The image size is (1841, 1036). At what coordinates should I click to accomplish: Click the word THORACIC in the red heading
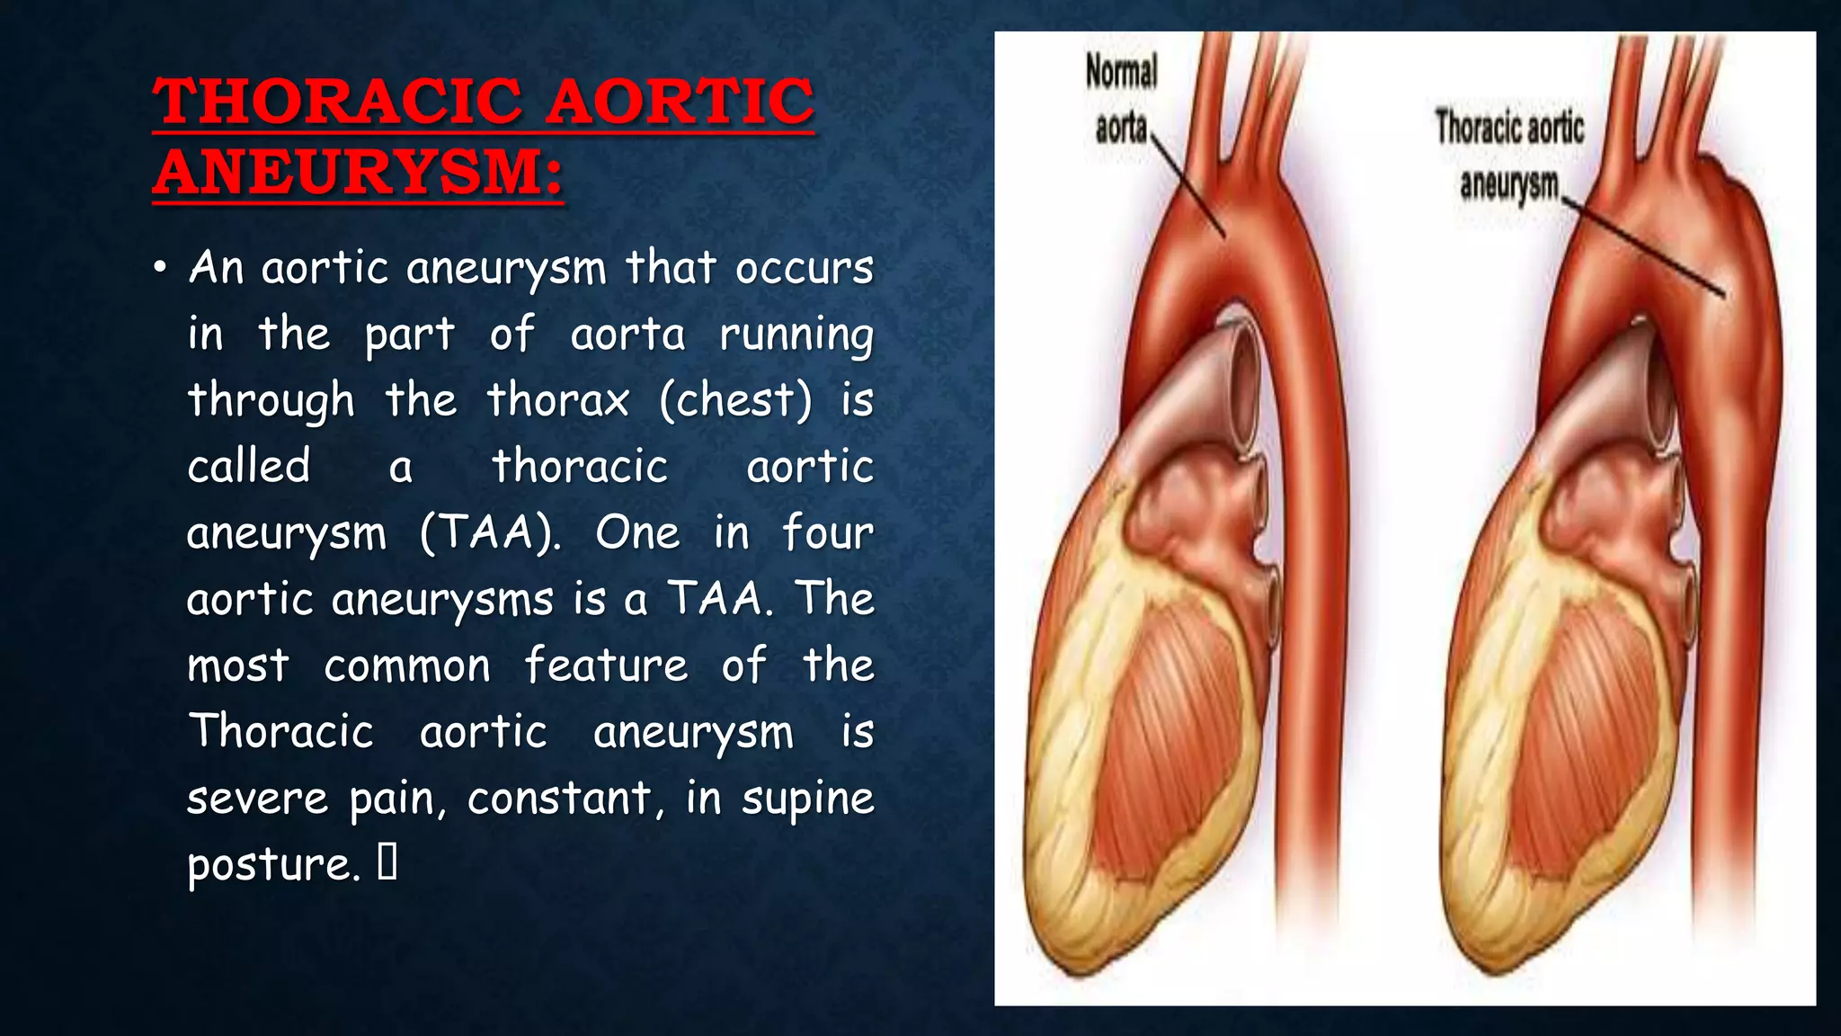[337, 101]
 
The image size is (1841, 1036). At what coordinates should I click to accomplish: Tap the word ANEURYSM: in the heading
[358, 172]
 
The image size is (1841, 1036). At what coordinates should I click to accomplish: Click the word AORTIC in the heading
[680, 101]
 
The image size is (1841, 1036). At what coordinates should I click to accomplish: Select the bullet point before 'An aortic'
[160, 268]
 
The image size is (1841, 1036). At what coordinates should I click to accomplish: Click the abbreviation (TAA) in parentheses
[491, 532]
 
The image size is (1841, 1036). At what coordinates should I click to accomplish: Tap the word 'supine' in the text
[807, 799]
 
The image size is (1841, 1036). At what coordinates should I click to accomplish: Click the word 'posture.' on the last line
[273, 865]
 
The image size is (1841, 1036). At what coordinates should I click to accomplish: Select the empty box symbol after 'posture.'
[387, 862]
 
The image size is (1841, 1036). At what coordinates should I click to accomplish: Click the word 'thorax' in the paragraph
[557, 399]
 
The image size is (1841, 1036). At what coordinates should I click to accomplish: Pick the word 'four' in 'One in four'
[827, 532]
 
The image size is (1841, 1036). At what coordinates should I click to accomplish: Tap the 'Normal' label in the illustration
[1121, 72]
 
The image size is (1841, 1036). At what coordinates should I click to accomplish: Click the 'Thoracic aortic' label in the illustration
[1508, 127]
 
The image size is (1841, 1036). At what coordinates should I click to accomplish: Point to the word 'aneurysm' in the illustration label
[1508, 184]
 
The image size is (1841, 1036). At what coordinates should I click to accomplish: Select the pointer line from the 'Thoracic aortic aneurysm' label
[1645, 248]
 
